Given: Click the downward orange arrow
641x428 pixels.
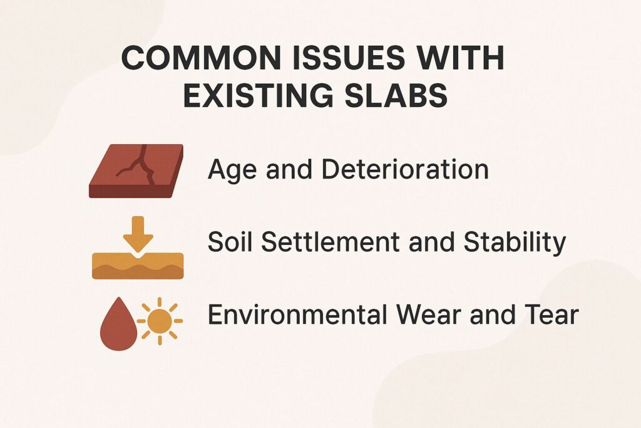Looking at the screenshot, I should [x=138, y=232].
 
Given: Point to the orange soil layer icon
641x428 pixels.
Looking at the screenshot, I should [x=138, y=266].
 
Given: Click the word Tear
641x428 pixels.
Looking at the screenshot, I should [x=551, y=315].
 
